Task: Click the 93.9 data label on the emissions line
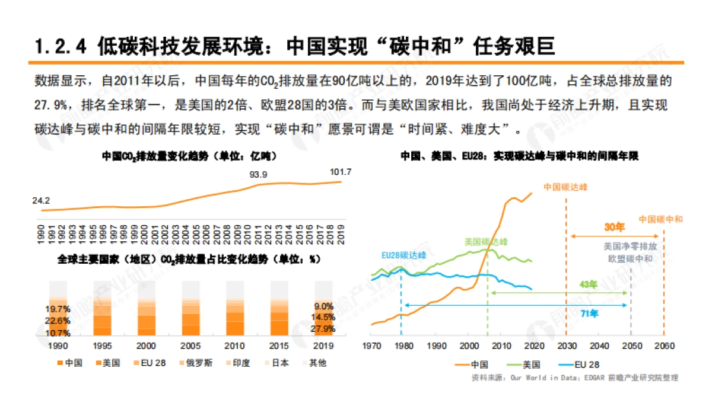258,174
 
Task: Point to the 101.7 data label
341,172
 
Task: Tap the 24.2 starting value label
41,201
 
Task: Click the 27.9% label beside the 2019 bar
324,328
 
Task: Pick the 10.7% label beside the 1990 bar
58,333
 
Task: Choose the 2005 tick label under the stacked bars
190,346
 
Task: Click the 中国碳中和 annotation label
660,219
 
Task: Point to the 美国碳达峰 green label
487,242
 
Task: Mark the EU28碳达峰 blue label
403,255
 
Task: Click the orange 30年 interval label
615,227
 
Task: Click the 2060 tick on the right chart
664,345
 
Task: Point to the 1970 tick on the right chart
371,345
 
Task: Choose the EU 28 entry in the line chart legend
566,364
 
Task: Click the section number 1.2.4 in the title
61,46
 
